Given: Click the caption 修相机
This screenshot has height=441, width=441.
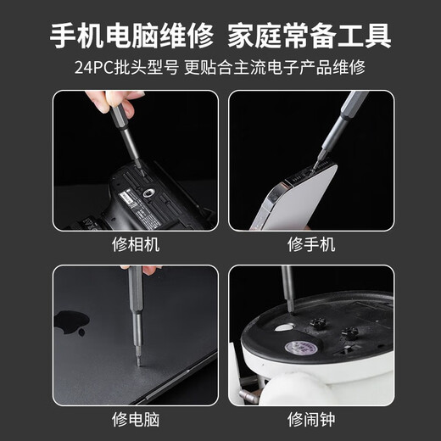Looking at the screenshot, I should pyautogui.click(x=135, y=245).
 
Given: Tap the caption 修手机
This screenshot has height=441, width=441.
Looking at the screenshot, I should pyautogui.click(x=310, y=245).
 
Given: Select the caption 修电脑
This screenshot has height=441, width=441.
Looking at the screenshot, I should pyautogui.click(x=135, y=419).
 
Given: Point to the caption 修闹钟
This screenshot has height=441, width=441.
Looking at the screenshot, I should pyautogui.click(x=310, y=419).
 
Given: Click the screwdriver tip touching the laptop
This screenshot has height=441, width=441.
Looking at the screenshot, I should pyautogui.click(x=138, y=360).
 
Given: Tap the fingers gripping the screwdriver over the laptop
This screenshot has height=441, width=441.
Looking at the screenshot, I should pyautogui.click(x=149, y=269).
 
